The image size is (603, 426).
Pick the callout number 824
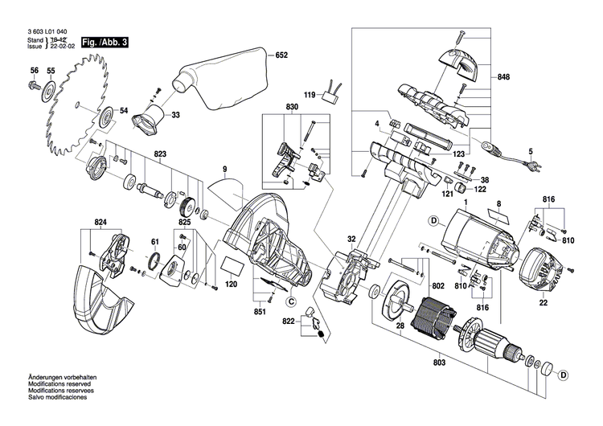(100, 221)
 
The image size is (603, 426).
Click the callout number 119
(309, 96)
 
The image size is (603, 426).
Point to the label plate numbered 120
(230, 266)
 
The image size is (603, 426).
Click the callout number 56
(35, 72)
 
